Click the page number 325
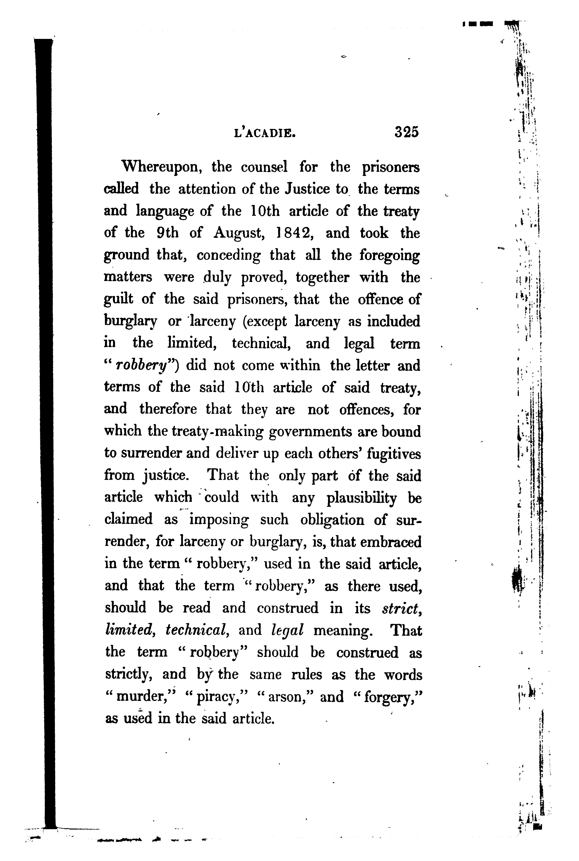click(407, 132)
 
